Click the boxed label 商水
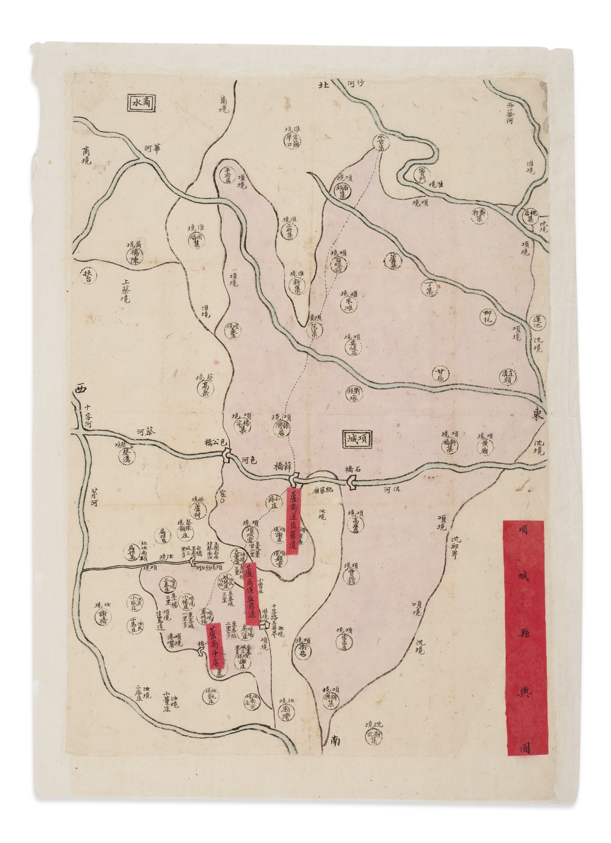[141, 102]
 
